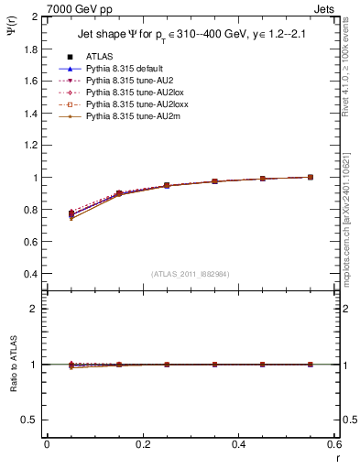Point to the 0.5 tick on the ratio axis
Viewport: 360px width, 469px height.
(x=30, y=420)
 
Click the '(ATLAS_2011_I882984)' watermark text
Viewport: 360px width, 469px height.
(x=191, y=274)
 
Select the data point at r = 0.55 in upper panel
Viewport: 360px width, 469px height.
(x=311, y=177)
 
